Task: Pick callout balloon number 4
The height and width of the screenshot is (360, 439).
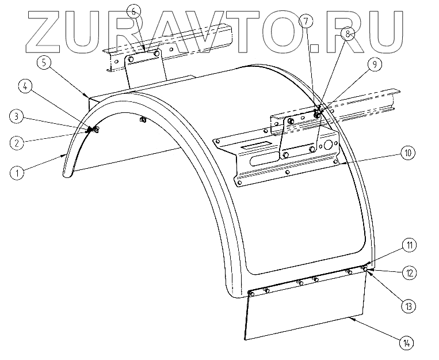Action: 24,87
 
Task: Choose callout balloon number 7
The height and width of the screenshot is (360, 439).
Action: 306,22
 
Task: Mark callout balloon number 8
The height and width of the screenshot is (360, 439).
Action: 349,35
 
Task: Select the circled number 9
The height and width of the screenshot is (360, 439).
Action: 373,65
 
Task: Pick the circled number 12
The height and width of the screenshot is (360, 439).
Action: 409,272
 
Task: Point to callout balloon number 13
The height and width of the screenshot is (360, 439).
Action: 408,306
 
